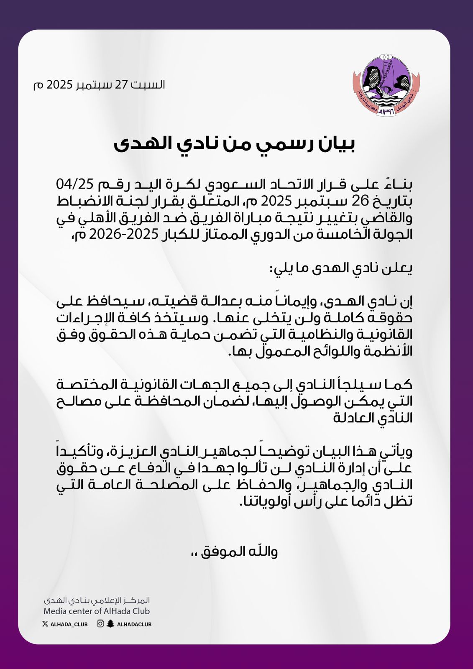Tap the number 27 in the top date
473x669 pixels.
tap(121, 84)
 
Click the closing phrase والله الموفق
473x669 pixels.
tap(240, 552)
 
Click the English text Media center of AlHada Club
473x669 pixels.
tap(97, 611)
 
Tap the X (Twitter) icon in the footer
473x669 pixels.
tap(45, 624)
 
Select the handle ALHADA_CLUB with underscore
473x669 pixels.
tap(69, 624)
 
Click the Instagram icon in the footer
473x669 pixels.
tap(100, 624)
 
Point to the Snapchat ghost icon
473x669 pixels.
tap(110, 624)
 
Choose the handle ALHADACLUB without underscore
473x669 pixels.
tap(134, 624)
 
